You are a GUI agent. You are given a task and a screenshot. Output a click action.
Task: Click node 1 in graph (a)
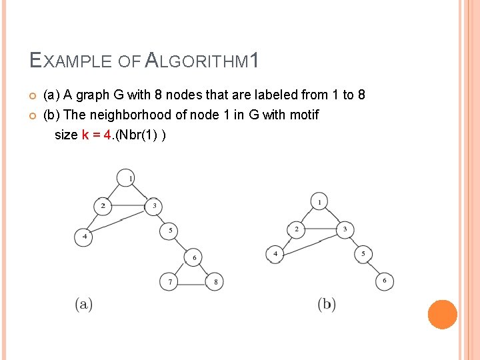[125, 178]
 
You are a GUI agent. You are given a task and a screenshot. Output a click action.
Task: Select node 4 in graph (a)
[83, 237]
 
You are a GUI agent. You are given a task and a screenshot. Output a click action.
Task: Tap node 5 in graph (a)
[169, 231]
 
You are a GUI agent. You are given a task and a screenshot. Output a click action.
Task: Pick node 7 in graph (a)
[169, 282]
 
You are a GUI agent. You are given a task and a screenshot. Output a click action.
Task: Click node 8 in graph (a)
[215, 282]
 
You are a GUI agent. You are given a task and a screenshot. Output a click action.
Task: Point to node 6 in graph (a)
[193, 257]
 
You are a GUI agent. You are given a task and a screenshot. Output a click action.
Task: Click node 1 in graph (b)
[320, 201]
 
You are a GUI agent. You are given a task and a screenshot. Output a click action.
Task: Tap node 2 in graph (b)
[297, 230]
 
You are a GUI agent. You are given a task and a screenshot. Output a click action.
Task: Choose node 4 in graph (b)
[275, 254]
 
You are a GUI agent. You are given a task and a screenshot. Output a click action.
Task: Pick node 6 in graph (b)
[384, 281]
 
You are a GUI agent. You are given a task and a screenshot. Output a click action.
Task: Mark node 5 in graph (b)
[363, 254]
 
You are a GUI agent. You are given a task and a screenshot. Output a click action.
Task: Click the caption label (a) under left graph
[84, 305]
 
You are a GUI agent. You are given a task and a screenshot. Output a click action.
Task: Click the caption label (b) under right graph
[327, 305]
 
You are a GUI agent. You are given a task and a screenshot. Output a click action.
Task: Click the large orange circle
[442, 314]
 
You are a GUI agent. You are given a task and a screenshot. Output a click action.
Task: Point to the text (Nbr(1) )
[141, 135]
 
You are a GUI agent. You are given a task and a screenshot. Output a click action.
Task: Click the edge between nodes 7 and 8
[192, 283]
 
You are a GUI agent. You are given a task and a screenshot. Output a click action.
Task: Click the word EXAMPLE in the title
[72, 62]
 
